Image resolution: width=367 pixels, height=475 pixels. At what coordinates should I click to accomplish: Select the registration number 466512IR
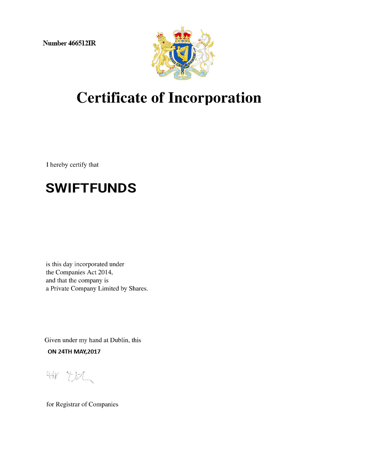tap(82, 44)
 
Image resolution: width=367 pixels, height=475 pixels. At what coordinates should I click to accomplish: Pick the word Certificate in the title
tap(112, 98)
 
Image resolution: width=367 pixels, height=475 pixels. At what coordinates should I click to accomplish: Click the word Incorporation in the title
tap(215, 98)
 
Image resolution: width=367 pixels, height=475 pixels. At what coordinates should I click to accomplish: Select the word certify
tap(78, 165)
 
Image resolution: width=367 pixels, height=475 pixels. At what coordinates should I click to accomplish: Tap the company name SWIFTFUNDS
tap(91, 188)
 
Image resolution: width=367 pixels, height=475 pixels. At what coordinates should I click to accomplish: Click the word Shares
tap(138, 288)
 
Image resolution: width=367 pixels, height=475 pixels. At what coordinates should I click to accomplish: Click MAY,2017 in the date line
tap(88, 352)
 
